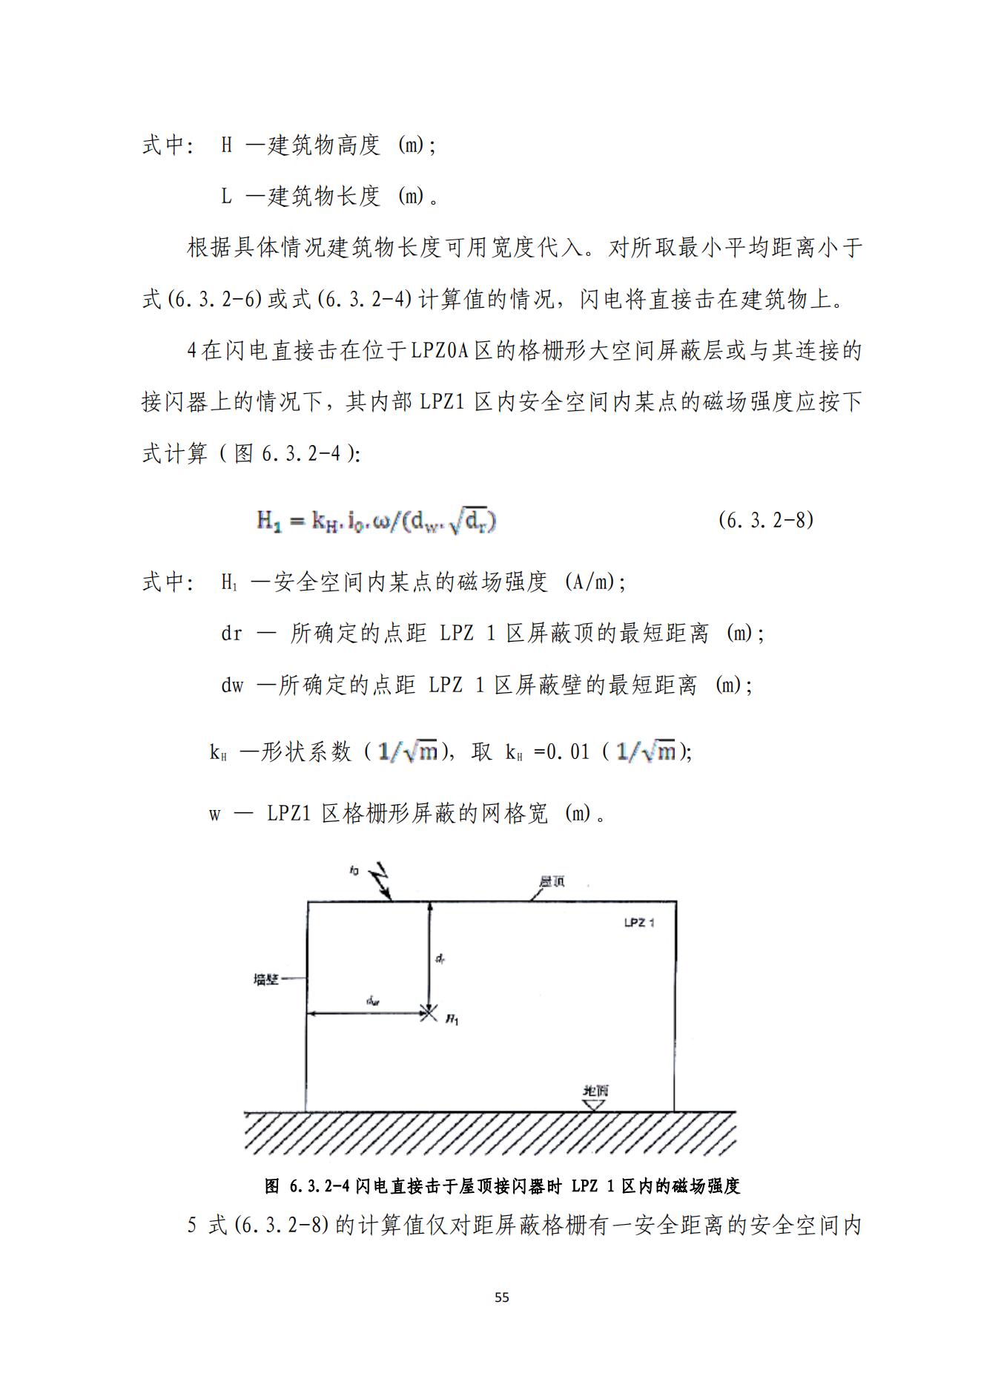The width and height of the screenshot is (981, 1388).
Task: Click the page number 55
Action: [502, 1297]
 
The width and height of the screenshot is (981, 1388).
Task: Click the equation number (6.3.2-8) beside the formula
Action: [765, 520]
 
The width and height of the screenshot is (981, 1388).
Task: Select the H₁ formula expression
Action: [377, 522]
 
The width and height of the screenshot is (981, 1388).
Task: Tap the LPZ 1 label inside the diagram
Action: [638, 924]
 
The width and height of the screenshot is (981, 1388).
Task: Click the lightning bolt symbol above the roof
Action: [380, 881]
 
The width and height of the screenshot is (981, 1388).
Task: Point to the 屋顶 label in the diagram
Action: [552, 881]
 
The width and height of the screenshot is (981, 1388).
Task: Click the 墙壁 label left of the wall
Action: [265, 979]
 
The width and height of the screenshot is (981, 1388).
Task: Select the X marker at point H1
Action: [428, 1012]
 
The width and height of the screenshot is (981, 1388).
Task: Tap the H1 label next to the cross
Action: [452, 1021]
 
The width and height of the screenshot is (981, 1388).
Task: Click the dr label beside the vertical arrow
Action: [440, 959]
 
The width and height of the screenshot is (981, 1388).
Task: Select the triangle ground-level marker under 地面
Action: [594, 1104]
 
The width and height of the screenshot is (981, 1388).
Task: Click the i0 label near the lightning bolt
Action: [354, 870]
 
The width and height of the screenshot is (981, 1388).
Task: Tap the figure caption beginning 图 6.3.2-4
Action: [502, 1186]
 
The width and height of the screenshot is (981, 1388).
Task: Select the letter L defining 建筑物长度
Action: [227, 197]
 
